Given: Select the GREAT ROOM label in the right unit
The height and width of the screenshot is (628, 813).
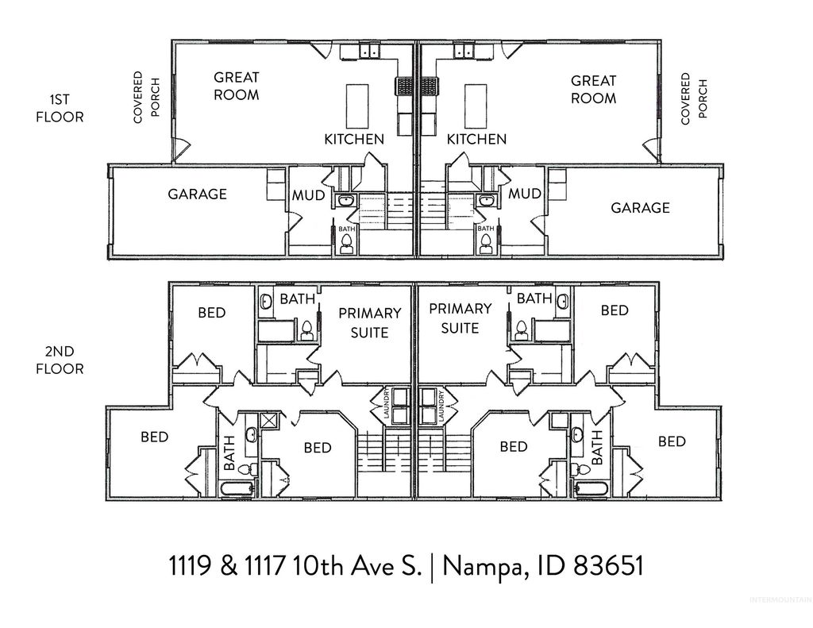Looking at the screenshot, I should pyautogui.click(x=593, y=90).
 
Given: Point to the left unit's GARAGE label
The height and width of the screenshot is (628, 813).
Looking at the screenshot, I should pyautogui.click(x=197, y=194).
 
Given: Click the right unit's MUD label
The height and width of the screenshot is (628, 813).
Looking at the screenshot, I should pyautogui.click(x=525, y=194).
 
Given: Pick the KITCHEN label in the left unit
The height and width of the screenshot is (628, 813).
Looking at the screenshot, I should pyautogui.click(x=354, y=139).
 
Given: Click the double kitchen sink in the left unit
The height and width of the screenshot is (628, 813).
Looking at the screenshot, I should pyautogui.click(x=361, y=52).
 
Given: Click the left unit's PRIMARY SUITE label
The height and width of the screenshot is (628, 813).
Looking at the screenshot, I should pyautogui.click(x=369, y=322).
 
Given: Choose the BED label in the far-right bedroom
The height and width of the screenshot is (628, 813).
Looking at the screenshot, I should pyautogui.click(x=672, y=441).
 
